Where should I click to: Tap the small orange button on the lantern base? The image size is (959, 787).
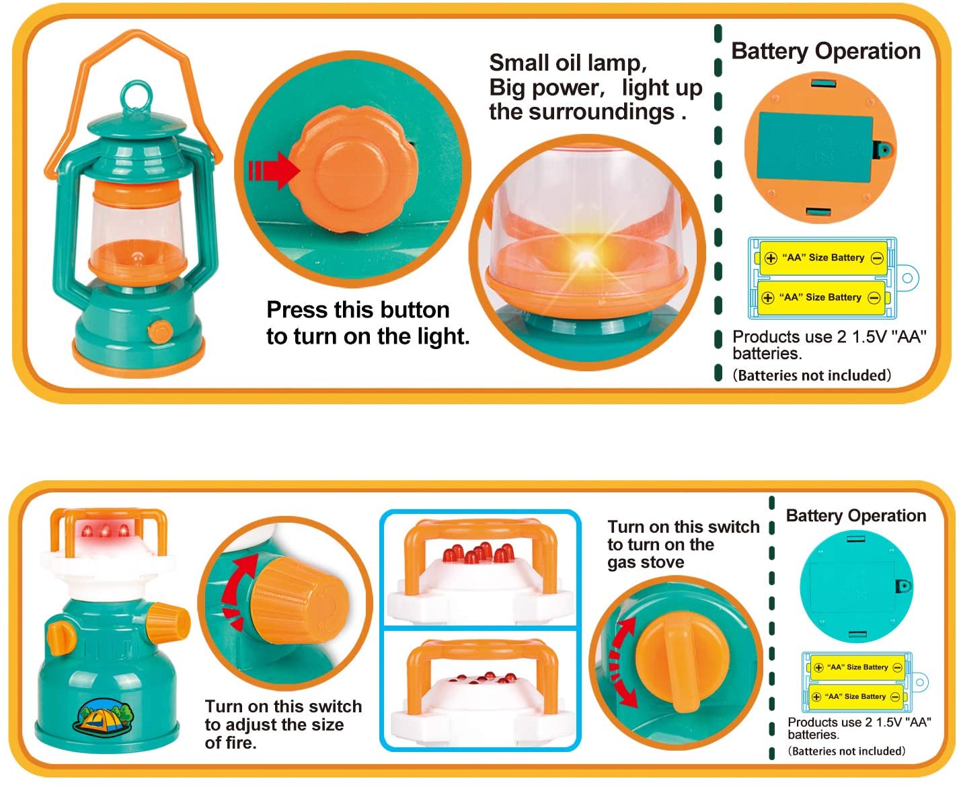(160, 331)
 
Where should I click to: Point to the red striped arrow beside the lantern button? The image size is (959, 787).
(274, 171)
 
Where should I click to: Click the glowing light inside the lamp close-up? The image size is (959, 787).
(586, 258)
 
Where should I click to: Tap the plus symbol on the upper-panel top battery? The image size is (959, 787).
(770, 258)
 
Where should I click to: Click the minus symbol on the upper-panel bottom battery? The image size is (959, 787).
(874, 298)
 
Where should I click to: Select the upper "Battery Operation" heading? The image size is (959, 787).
(826, 51)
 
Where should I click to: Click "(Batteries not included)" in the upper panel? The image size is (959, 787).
(812, 375)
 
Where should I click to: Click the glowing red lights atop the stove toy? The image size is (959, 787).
(105, 531)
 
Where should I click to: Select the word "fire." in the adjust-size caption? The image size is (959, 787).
(231, 743)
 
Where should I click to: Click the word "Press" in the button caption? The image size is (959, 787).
(297, 310)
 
